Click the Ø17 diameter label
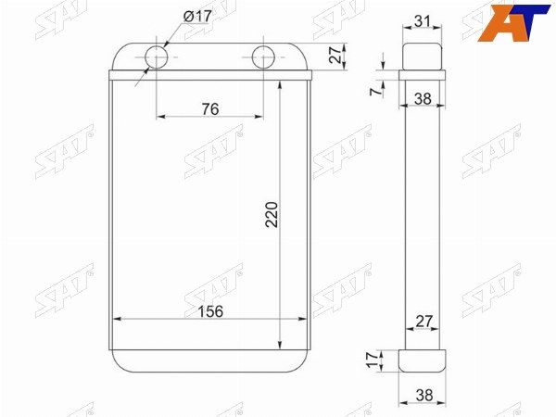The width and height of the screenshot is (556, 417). [x=197, y=17]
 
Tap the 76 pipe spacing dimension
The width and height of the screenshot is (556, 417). [x=210, y=108]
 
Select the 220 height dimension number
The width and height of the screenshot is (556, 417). [x=272, y=214]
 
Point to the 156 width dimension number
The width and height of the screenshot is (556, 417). [x=210, y=311]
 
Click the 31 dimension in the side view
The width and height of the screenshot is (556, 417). [x=422, y=21]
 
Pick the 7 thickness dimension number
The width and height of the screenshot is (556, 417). [x=375, y=92]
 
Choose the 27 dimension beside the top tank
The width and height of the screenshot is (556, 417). [x=335, y=55]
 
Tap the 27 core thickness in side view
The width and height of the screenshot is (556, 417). [x=424, y=321]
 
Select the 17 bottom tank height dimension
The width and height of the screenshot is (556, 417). [x=373, y=360]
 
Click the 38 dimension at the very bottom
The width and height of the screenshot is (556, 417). [x=424, y=395]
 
